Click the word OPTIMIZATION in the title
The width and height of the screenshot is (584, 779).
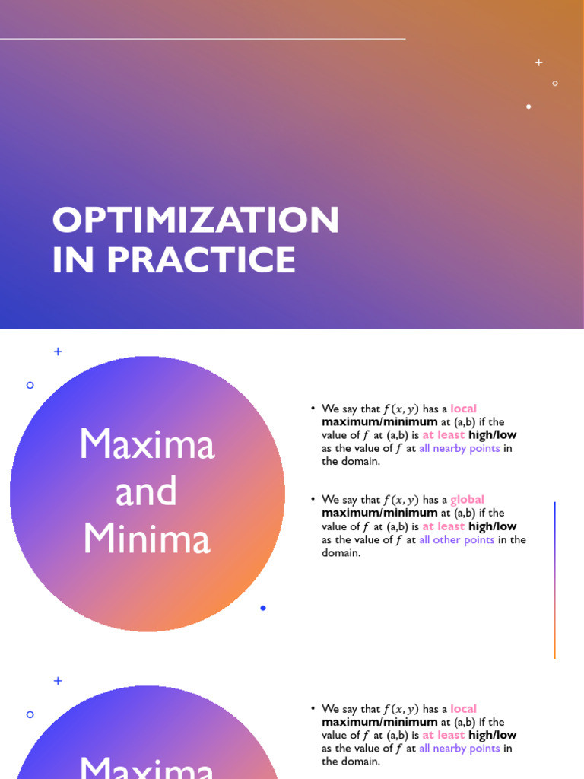pos(195,221)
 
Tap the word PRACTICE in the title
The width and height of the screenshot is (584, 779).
pos(202,260)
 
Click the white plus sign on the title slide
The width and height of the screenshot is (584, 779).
pos(539,62)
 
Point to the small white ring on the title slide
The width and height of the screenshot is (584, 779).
pos(555,83)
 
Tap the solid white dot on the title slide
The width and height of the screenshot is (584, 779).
pos(528,107)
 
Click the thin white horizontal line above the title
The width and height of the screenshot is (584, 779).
pos(202,38)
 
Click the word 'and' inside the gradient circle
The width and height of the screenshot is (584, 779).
pos(146,491)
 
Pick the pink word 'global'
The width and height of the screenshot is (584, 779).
pos(467,500)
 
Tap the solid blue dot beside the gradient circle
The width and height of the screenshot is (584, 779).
pos(263,608)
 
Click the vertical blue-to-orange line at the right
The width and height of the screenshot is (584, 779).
pos(555,580)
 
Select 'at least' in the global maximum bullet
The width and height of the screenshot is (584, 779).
pos(443,526)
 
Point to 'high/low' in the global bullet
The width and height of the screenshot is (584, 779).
pos(492,526)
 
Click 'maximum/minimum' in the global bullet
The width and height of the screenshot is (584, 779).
pos(379,514)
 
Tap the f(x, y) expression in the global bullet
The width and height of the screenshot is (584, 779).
pos(401,500)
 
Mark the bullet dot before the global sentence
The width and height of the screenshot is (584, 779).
pos(313,499)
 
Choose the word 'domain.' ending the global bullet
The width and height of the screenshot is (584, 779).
pos(341,553)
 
